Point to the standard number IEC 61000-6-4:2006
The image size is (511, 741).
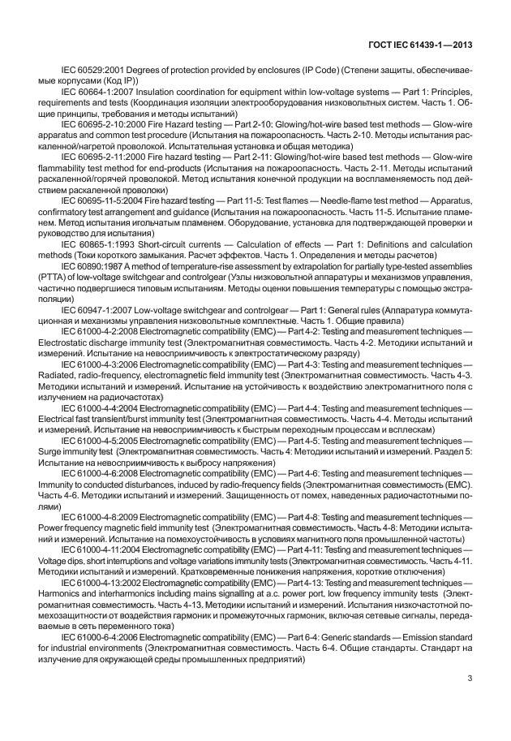pos(105,638)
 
